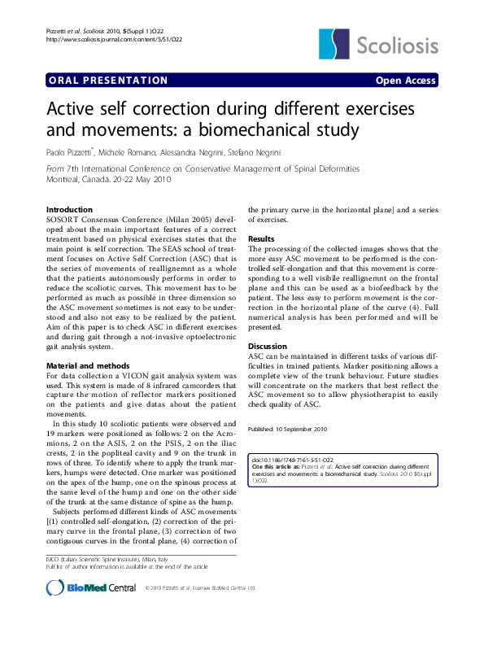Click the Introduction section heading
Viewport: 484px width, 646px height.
tap(70, 210)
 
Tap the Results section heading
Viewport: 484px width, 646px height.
tap(262, 238)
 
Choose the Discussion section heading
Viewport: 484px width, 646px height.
tap(268, 347)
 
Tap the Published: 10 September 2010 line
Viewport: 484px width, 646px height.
tap(287, 428)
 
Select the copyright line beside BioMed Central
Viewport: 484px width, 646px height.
tap(200, 587)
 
